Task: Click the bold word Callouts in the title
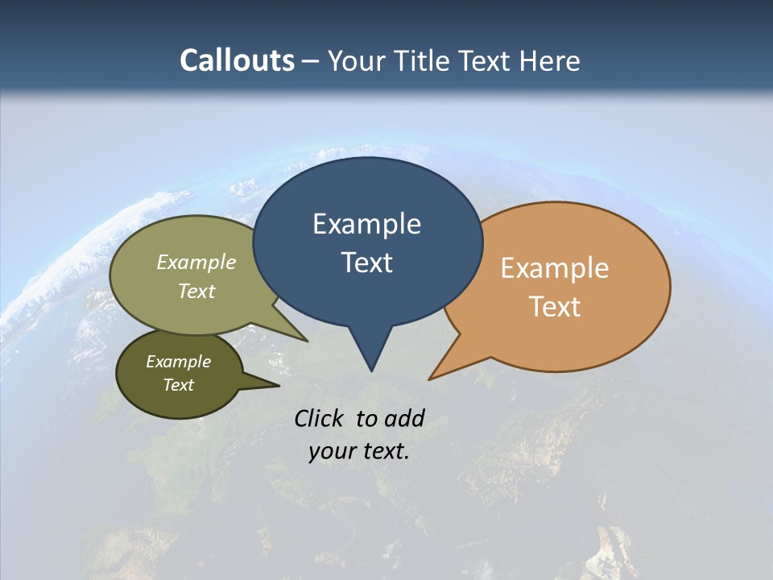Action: tap(237, 60)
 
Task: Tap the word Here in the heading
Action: tap(551, 60)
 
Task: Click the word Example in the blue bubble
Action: tap(366, 224)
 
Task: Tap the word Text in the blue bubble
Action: tap(366, 263)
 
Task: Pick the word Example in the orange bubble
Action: tap(555, 268)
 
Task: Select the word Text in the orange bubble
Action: tap(555, 307)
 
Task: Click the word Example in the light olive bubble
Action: tap(196, 263)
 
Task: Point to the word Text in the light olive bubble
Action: tap(196, 292)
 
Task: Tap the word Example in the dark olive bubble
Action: tap(179, 362)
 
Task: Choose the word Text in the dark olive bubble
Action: tap(179, 385)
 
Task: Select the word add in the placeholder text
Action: tap(404, 418)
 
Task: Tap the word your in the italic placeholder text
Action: tap(331, 452)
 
